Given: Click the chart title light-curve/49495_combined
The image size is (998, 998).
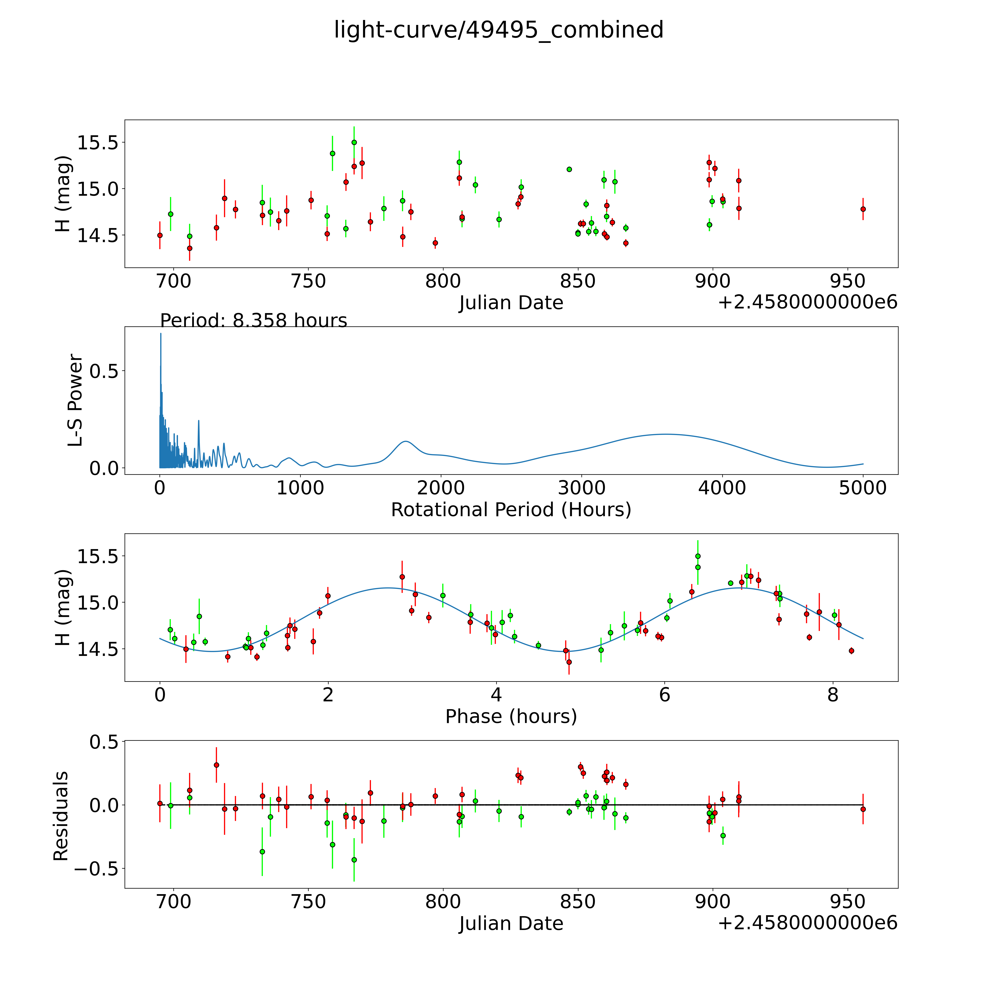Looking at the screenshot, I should (x=498, y=30).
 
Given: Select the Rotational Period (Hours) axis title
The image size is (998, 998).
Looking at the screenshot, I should (x=511, y=510).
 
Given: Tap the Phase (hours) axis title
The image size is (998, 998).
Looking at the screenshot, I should (x=511, y=717).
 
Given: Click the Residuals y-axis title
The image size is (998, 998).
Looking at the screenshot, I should (x=61, y=816).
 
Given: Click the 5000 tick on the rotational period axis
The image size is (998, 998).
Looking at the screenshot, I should (x=863, y=488).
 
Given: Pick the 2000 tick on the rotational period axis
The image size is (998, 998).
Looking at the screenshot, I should (x=441, y=488).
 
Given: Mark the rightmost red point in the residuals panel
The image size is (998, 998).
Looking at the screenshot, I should (x=863, y=809).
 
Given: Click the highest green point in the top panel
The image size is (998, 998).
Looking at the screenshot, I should (x=354, y=142).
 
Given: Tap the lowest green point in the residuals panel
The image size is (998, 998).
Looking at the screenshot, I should (x=354, y=860).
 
